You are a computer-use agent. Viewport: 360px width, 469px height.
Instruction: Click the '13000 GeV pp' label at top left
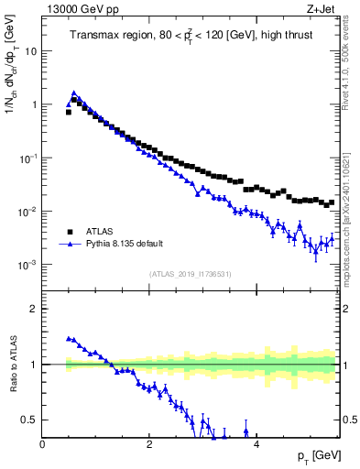pyautogui.click(x=81, y=10)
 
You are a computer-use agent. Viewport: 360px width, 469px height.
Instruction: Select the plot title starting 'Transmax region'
pyautogui.click(x=191, y=35)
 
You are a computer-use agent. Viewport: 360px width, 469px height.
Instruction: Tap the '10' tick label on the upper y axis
pyautogui.click(x=30, y=51)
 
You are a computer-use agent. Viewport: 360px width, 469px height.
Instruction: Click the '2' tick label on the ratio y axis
pyautogui.click(x=34, y=309)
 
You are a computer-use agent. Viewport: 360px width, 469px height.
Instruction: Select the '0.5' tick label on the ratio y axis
pyautogui.click(x=29, y=420)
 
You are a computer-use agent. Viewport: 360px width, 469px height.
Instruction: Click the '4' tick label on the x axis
pyautogui.click(x=256, y=444)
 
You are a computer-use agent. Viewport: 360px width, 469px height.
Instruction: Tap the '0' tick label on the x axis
pyautogui.click(x=43, y=444)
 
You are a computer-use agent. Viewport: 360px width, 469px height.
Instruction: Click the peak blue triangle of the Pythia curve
pyautogui.click(x=73, y=93)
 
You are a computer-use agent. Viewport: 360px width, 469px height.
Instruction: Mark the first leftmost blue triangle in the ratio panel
pyautogui.click(x=69, y=338)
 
